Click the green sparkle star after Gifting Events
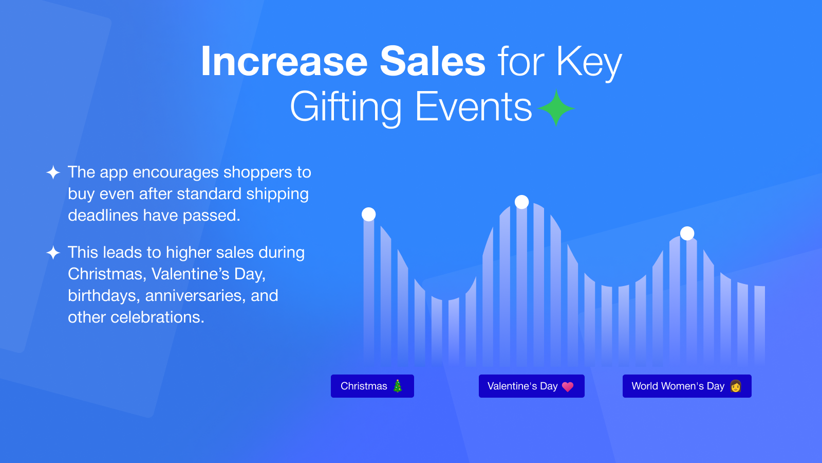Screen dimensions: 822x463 tap(556, 108)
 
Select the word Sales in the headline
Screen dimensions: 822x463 tap(433, 61)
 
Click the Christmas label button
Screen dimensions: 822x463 tap(372, 386)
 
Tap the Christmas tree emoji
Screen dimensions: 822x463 tap(398, 386)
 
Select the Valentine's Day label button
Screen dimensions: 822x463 tap(531, 386)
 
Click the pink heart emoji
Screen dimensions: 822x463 tap(568, 386)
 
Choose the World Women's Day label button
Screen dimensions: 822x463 tap(687, 386)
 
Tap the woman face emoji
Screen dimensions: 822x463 tap(735, 386)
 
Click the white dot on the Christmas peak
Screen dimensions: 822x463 tap(368, 214)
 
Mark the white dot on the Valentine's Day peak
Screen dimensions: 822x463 tap(521, 202)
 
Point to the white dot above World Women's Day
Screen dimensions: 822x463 tap(687, 234)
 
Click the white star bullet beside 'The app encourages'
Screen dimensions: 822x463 tap(53, 172)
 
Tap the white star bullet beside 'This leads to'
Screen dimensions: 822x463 tap(53, 253)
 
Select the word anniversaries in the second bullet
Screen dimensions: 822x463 tap(195, 296)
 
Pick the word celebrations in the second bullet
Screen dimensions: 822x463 tap(157, 317)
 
